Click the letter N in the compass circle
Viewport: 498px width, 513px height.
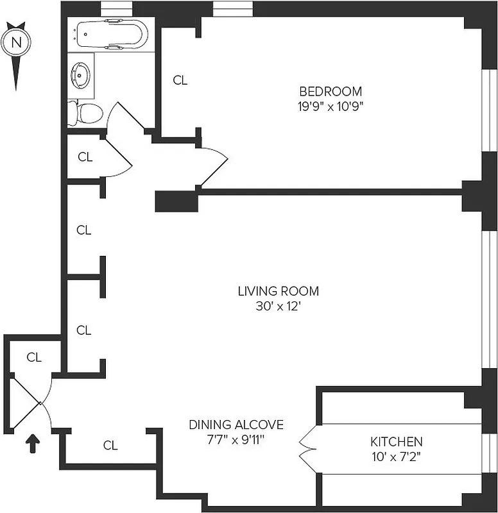pos(18,44)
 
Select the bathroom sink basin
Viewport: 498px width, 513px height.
pos(83,74)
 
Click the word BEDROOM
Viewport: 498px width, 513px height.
pos(330,92)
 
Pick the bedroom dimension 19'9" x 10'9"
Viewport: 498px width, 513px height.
pos(330,107)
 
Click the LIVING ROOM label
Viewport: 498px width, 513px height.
pos(278,291)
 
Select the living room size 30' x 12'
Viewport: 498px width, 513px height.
pos(278,307)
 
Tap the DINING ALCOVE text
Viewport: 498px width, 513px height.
pos(236,425)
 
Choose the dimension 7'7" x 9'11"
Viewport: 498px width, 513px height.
pos(236,440)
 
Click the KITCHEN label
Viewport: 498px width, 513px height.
pos(396,442)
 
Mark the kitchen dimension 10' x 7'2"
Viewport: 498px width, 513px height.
pos(396,457)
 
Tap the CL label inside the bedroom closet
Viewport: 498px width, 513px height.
pos(180,80)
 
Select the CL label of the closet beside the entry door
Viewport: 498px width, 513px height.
pos(34,358)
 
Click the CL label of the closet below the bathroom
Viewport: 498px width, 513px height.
pos(85,156)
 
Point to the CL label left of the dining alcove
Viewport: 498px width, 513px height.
pos(110,445)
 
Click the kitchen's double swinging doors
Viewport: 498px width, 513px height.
pos(307,442)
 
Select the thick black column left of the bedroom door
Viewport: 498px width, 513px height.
pos(176,201)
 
